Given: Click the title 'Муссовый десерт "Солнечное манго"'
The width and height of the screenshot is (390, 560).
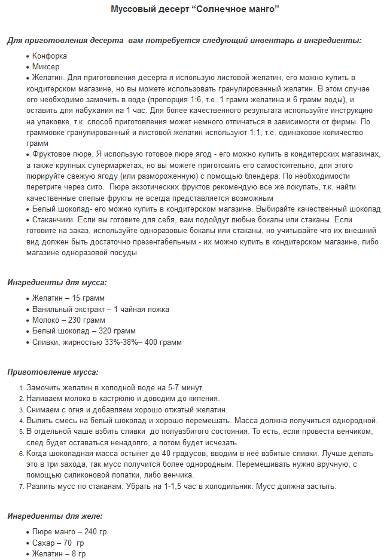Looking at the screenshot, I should [x=195, y=10].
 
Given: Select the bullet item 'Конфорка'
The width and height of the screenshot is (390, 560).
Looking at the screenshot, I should [x=50, y=56].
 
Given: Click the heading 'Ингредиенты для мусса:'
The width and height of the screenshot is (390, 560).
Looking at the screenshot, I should [x=57, y=282].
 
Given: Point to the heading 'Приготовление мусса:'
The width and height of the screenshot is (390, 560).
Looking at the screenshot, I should [x=53, y=372].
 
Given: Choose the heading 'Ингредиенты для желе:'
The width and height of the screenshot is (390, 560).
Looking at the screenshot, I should [x=55, y=516].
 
